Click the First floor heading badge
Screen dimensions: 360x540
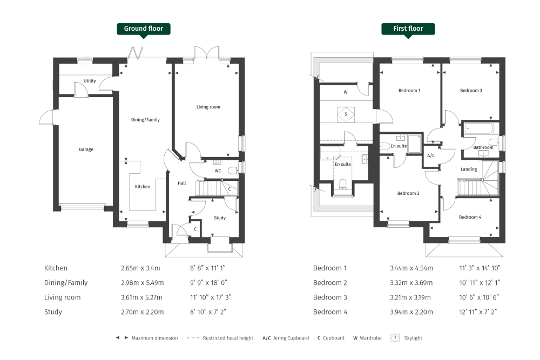tap(408, 29)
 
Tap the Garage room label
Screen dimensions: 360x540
tap(86, 150)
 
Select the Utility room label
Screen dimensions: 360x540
tap(90, 81)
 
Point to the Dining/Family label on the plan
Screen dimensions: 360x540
tap(146, 120)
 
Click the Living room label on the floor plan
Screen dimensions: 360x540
tap(208, 107)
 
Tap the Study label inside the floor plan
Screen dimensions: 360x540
tap(220, 218)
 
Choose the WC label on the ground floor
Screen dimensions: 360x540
tap(218, 171)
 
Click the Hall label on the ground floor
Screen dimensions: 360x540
tap(182, 184)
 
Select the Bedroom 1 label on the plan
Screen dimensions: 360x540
tap(409, 91)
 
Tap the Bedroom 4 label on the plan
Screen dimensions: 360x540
tap(469, 217)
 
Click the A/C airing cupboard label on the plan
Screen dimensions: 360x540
tap(431, 155)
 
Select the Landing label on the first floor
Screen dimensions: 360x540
tap(469, 169)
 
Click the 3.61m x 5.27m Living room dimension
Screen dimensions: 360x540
tap(142, 297)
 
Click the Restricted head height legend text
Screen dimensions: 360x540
tap(228, 338)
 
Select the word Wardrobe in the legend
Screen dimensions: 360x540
tap(370, 338)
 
